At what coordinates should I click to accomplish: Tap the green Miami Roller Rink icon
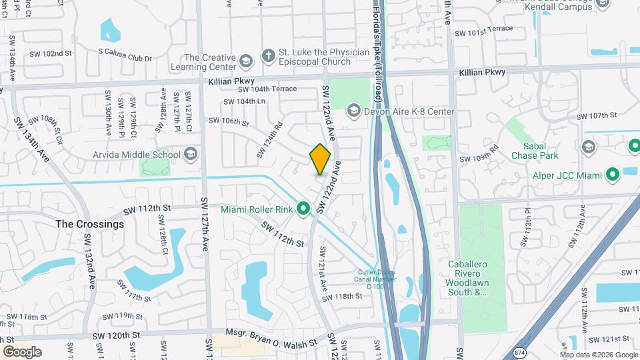304,210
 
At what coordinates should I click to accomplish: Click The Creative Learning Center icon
247,62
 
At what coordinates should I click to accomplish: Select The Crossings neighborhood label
89,224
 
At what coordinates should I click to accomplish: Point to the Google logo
22,352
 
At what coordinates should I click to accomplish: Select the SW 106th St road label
228,122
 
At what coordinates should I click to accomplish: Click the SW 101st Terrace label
483,33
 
